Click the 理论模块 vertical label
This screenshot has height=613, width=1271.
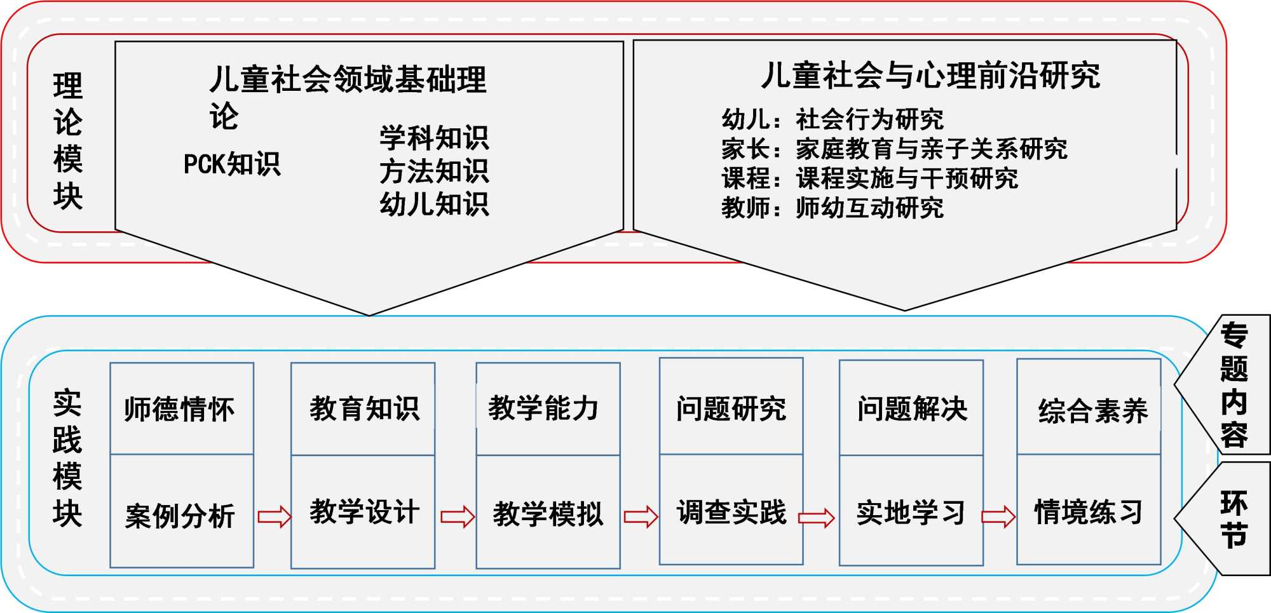pos(68,141)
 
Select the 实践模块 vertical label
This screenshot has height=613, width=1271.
pos(67,459)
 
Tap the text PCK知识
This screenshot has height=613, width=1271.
pos(232,164)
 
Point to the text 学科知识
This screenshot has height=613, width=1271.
pos(434,138)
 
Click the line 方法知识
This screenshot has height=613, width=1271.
pos(434,171)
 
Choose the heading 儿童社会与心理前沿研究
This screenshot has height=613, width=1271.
pos(930,76)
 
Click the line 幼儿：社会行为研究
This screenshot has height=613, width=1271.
pos(833,119)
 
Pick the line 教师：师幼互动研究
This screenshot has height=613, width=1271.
pos(833,208)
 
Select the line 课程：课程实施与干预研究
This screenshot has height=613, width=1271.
pos(869,179)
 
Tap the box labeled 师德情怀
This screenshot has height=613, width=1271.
pos(181,408)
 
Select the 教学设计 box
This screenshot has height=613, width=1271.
pos(364,512)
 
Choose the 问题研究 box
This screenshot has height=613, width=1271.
pos(731,408)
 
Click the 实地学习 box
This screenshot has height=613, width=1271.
pos(911,512)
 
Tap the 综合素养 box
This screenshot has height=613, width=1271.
pos(1092,410)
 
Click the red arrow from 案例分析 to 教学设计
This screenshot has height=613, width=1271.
pos(274,516)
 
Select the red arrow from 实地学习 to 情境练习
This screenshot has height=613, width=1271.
pos(999,516)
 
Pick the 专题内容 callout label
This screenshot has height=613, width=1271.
pos(1234,385)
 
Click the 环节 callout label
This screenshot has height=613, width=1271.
pos(1234,519)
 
